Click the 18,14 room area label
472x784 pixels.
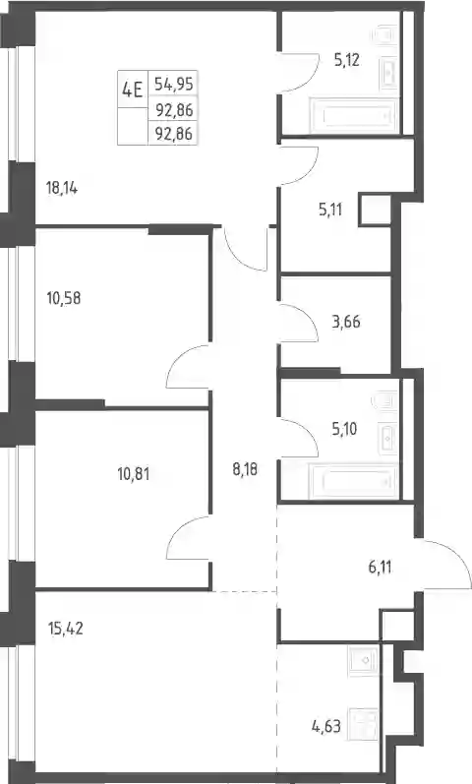pyautogui.click(x=62, y=189)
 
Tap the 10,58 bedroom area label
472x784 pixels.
pyautogui.click(x=64, y=298)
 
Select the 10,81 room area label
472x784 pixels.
pyautogui.click(x=134, y=473)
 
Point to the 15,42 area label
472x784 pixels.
pyautogui.click(x=65, y=628)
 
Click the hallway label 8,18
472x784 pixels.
pyautogui.click(x=245, y=469)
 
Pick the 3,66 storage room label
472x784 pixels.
pyautogui.click(x=346, y=322)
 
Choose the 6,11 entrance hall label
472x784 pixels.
pyautogui.click(x=380, y=568)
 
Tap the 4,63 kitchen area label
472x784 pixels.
pyautogui.click(x=326, y=726)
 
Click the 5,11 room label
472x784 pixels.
pyautogui.click(x=330, y=209)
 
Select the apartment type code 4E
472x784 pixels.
pyautogui.click(x=133, y=90)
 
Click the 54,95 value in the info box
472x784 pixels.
pyautogui.click(x=173, y=83)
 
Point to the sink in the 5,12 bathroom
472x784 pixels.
pyautogui.click(x=389, y=73)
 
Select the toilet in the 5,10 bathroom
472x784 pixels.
pyautogui.click(x=385, y=401)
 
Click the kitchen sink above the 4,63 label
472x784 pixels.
pyautogui.click(x=364, y=660)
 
